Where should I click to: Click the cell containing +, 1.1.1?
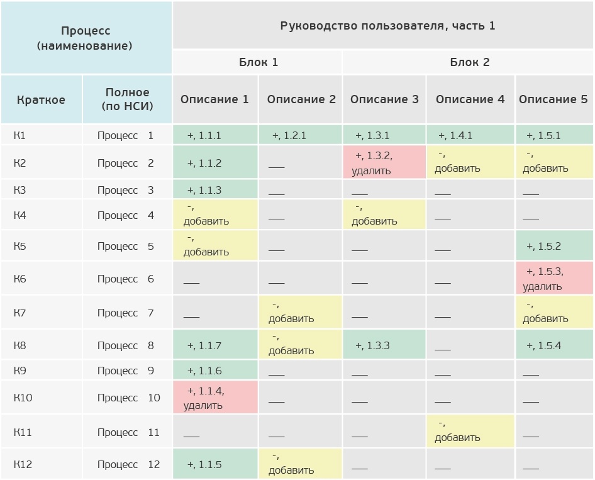[215, 135]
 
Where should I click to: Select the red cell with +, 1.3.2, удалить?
[384, 163]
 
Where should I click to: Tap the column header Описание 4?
[470, 99]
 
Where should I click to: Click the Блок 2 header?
[469, 62]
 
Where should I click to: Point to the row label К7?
[20, 313]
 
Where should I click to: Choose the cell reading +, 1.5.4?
[553, 345]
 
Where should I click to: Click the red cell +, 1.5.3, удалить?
[553, 279]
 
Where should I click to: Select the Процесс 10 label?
[128, 398]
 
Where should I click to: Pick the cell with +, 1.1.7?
[215, 345]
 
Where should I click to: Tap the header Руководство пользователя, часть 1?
[387, 26]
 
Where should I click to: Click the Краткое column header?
[41, 99]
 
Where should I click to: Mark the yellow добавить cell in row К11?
[470, 432]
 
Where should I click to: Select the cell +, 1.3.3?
[384, 345]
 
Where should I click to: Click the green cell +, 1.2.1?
[300, 135]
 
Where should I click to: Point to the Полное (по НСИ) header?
[127, 99]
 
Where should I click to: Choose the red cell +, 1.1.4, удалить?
[215, 398]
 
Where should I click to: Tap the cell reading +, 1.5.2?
[553, 246]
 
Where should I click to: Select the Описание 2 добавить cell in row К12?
[300, 464]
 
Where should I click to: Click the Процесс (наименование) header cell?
[86, 38]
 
